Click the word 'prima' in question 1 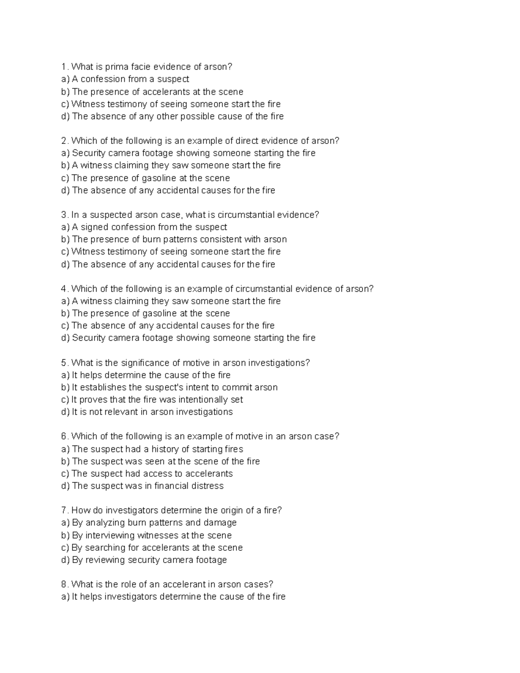(x=113, y=67)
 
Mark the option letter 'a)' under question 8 (x=65, y=597)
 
